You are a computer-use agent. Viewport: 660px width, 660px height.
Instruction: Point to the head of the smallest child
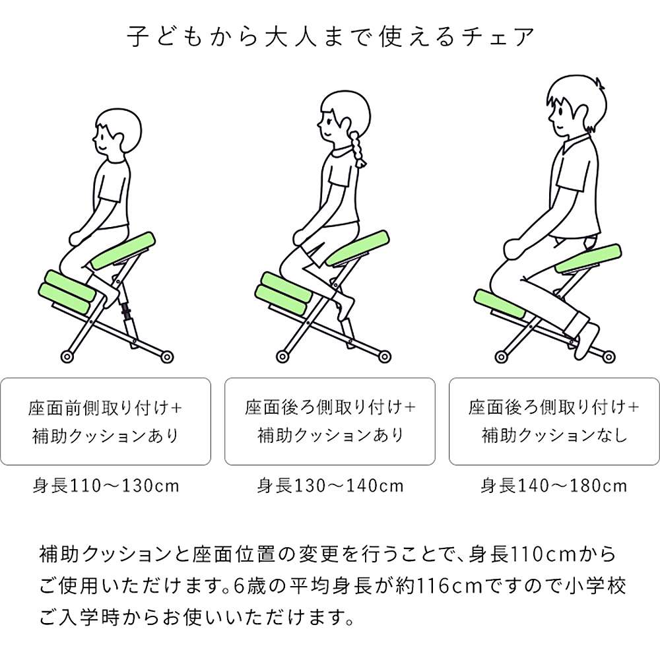(117, 135)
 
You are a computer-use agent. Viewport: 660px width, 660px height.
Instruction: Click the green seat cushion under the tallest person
(588, 259)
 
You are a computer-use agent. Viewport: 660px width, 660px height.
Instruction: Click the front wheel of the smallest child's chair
(67, 356)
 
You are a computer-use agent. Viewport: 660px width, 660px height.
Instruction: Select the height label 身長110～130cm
(106, 486)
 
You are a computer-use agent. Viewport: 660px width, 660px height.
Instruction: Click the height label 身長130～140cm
(330, 486)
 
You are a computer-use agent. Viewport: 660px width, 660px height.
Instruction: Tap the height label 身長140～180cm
(554, 486)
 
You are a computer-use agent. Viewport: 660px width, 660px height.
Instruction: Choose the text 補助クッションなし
(554, 436)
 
